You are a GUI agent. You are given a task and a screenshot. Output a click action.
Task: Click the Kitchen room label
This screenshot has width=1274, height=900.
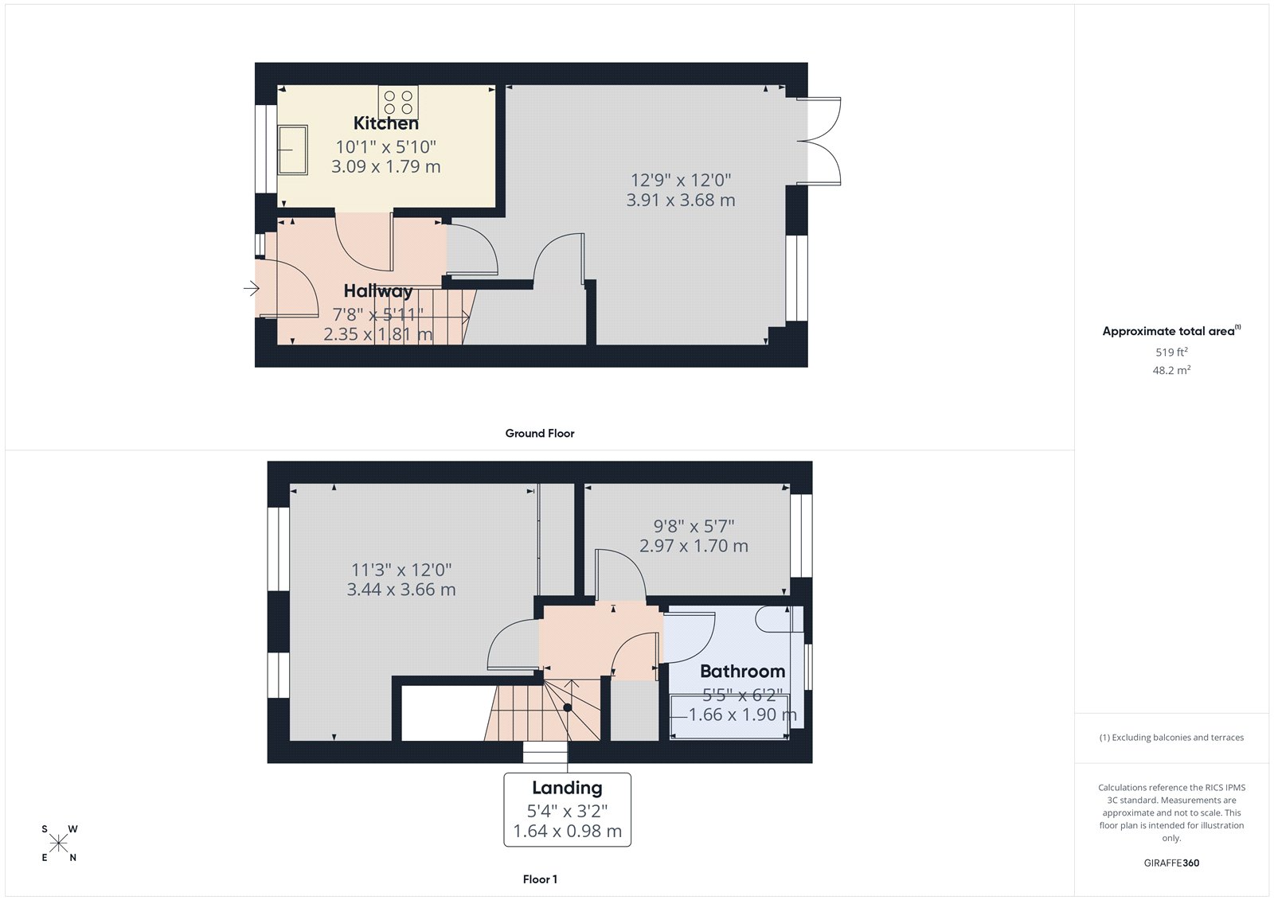coord(385,123)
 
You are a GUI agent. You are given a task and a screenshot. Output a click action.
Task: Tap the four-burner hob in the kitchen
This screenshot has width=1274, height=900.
coord(398,103)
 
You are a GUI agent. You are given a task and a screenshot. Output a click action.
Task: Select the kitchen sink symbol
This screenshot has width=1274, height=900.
coord(293,150)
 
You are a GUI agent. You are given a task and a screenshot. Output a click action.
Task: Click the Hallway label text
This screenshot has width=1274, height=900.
coord(377,290)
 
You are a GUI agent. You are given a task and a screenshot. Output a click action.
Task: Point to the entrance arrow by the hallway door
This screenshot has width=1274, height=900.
coord(252,288)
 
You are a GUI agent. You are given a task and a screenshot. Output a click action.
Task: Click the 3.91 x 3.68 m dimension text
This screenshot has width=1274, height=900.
coord(680,200)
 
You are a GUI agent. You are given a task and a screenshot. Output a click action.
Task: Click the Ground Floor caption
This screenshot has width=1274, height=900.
coord(540,433)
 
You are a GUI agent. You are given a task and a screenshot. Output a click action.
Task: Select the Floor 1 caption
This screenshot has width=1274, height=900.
coord(540,879)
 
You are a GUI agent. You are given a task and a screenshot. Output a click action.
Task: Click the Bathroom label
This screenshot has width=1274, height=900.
coord(742,671)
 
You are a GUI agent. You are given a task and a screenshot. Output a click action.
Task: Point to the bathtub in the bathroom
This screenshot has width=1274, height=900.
coord(729,717)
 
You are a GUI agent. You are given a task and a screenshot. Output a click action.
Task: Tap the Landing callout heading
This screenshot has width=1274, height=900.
coord(567,788)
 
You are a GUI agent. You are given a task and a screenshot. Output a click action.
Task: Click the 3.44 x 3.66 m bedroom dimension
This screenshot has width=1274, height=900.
coord(401,590)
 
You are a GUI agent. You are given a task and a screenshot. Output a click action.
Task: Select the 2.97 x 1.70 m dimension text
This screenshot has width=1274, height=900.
coord(694,546)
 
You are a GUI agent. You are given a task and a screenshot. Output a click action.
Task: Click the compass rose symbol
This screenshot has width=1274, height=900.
coord(59,843)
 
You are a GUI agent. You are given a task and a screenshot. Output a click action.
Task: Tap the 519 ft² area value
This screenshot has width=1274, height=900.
coord(1171,352)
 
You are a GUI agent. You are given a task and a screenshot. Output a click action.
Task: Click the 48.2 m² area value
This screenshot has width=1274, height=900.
coord(1171,370)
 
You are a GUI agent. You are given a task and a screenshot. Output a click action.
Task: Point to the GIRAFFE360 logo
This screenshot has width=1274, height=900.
coord(1171,863)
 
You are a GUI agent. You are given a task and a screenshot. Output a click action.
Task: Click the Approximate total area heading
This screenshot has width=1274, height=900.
coord(1171,331)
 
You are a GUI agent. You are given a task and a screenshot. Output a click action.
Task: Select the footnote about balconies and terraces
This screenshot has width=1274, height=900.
coord(1171,738)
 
